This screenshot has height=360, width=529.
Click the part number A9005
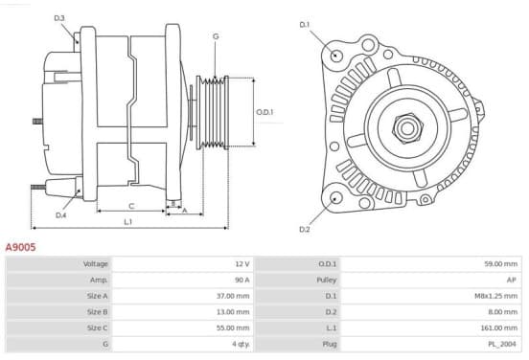(20, 247)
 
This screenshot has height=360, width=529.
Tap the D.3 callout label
(59, 18)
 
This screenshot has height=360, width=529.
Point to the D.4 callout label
(60, 215)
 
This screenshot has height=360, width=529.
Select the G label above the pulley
(216, 36)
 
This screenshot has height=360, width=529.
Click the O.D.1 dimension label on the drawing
(264, 112)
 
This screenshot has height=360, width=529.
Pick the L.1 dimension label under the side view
(127, 222)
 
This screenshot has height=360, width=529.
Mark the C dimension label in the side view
(131, 206)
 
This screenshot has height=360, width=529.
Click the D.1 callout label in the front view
(305, 25)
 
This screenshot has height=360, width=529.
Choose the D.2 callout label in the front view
(305, 229)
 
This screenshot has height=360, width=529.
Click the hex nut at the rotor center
(407, 128)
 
